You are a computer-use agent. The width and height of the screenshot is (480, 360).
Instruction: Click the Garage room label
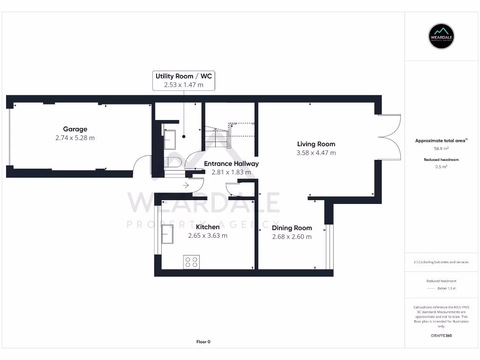pos(75,129)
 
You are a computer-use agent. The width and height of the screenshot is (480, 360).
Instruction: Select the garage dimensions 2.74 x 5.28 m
pos(75,138)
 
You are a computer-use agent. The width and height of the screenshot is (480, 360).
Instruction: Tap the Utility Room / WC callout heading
pos(184,76)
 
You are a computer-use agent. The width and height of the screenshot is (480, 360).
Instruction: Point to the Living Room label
pos(316,144)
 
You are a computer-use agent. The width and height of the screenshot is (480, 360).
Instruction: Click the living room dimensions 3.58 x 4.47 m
pos(316,153)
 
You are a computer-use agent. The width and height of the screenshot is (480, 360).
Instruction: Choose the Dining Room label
pos(292,228)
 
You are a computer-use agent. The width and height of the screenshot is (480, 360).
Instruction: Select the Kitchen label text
pos(208,227)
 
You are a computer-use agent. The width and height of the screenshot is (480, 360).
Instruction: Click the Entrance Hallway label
pos(231,164)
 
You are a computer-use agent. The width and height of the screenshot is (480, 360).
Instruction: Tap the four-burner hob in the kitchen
pos(191,262)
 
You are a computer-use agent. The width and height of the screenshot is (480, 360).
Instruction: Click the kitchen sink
pos(167,234)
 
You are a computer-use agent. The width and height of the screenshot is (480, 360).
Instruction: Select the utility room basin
pos(169,139)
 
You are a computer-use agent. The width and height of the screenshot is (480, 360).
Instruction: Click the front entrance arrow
pos(186,186)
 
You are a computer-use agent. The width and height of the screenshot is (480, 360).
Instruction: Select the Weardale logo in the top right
pos(442,36)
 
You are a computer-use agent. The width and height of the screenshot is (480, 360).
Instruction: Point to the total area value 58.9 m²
pos(442,148)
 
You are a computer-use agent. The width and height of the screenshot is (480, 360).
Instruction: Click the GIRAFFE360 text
pos(441,336)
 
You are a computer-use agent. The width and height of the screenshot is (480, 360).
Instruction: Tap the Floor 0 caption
pos(203,342)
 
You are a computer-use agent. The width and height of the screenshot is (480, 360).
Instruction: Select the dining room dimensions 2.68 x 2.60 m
pos(292,237)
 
